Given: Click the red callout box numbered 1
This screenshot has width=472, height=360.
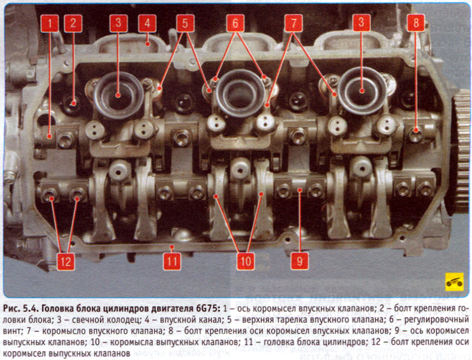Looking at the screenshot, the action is coord(50,23).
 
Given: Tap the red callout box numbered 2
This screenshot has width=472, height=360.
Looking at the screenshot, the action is coord(73,23).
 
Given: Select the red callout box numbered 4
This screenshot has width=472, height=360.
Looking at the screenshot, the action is coord(147,23).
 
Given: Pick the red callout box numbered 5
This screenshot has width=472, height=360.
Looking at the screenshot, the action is coord(185,23).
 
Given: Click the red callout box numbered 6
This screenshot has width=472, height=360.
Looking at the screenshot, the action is coord(235,23).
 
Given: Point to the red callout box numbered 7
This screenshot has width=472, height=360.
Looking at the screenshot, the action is coord(293,23).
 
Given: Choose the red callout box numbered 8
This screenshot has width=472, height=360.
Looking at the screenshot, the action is coord(416,22).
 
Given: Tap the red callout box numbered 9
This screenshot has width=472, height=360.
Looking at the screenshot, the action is coord(300,261).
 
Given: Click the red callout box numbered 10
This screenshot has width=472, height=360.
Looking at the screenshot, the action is coord(246,261).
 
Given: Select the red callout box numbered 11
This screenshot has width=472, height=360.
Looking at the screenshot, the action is coord(172,261).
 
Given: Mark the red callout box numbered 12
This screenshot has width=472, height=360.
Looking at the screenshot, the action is coord(65,261).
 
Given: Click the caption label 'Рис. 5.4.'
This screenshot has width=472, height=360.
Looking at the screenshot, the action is coord(21,309).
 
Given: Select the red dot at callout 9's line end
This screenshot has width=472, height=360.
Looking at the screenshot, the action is coord(300,189).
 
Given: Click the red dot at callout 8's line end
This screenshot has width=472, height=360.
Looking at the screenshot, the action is coord(416,130).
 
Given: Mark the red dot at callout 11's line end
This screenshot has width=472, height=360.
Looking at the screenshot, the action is coord(172,247).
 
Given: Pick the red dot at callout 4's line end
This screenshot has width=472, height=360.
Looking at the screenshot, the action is coord(147,44).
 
